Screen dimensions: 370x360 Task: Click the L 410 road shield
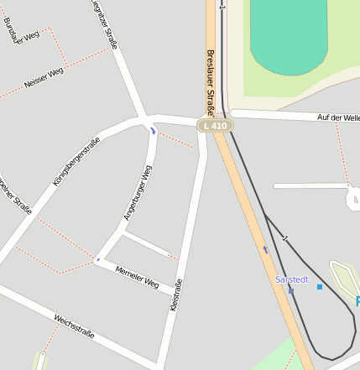215,126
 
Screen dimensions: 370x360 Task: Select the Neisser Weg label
44,77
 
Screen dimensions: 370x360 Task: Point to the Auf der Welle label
338,117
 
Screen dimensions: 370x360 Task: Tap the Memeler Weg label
137,277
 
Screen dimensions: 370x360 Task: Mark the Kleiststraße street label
176,296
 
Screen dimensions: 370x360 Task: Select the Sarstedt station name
292,279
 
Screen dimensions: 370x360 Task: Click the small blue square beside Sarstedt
320,287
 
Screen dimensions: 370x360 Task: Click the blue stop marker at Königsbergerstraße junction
153,130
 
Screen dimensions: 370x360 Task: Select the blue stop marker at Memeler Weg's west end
98,259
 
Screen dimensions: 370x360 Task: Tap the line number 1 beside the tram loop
285,239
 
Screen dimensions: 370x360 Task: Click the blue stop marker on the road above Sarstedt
266,249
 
